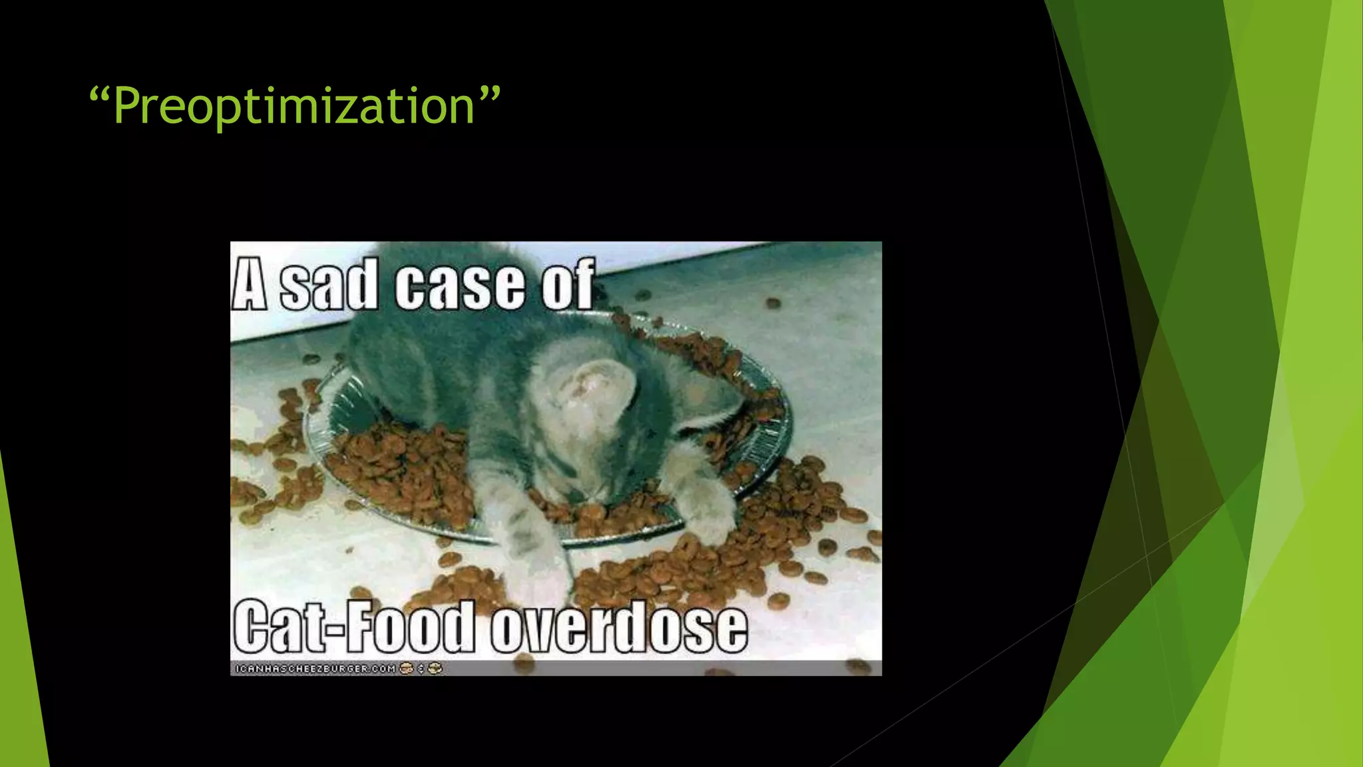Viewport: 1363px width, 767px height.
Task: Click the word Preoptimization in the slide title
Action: (293, 107)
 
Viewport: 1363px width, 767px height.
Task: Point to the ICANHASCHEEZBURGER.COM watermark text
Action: (315, 668)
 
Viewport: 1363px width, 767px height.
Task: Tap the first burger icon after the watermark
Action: (406, 668)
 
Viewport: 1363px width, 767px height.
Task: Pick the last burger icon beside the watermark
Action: (435, 668)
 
